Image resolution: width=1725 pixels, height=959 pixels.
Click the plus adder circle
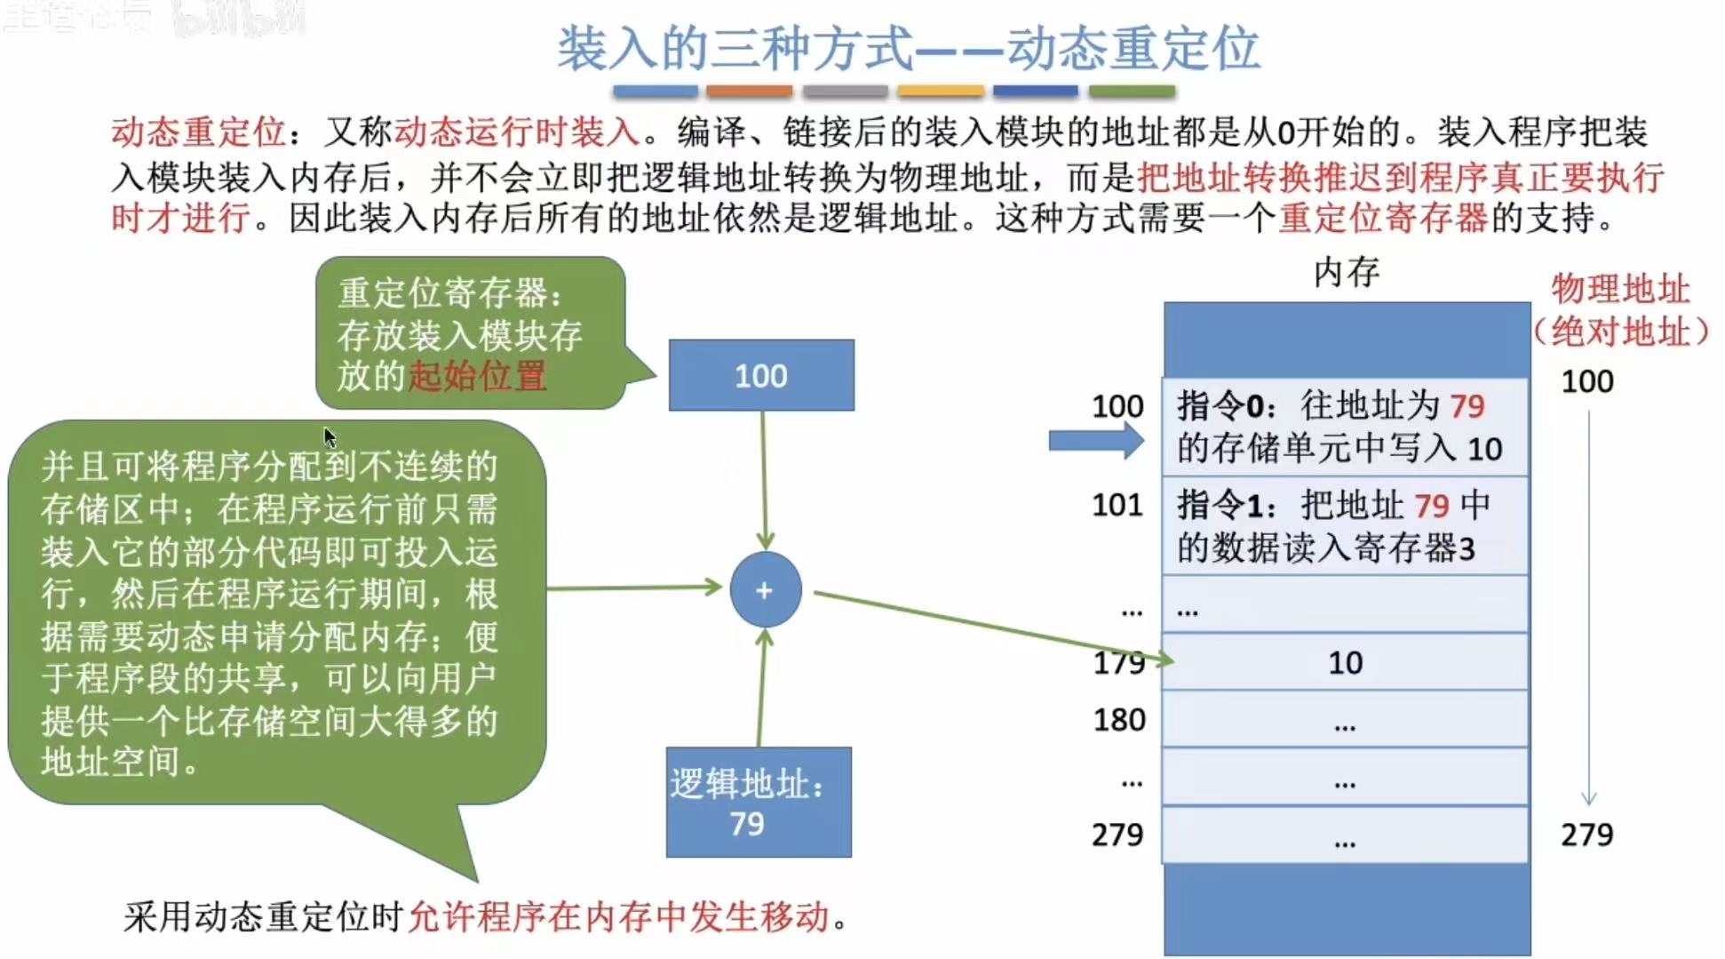(765, 590)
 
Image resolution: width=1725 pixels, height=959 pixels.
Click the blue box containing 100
(761, 375)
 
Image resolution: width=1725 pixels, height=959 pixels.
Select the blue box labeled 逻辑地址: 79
(759, 803)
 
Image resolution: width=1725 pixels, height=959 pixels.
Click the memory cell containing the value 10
(1345, 662)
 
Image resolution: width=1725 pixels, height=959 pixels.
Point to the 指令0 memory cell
(1345, 427)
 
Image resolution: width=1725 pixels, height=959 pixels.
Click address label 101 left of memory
(1117, 505)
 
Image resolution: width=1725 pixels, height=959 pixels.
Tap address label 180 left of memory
(1118, 720)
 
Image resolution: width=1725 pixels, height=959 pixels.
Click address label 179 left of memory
(1118, 662)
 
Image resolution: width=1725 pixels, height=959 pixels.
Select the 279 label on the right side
(1586, 835)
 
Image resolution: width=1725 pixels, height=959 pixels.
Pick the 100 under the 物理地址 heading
(1586, 381)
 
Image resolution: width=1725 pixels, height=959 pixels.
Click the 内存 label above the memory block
(1346, 272)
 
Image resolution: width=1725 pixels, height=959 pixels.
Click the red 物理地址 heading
(1620, 289)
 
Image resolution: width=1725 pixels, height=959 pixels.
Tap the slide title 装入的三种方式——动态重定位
(908, 48)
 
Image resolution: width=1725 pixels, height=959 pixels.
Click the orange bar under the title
(749, 91)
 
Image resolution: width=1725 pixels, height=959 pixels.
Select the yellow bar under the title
(940, 91)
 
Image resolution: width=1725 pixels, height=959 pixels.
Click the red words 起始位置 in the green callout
(477, 376)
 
